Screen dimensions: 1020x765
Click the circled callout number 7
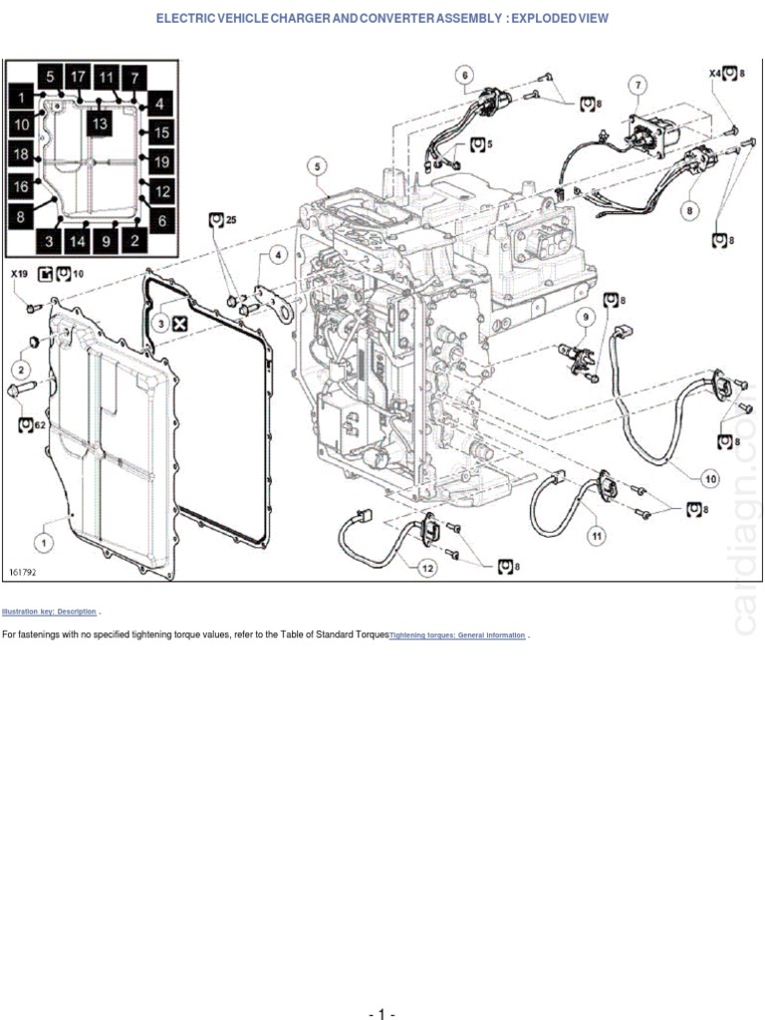point(637,87)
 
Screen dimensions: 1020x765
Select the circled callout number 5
point(317,166)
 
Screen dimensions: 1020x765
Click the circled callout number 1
point(43,542)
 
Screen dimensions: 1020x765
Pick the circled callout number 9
point(587,317)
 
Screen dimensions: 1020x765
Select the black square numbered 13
point(98,124)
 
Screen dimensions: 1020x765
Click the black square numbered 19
point(161,161)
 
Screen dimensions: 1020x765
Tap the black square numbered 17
point(79,77)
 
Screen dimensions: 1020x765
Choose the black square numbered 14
point(77,240)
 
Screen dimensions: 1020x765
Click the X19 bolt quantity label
point(20,274)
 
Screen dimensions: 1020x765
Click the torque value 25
point(231,219)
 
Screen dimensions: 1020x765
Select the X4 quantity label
point(714,72)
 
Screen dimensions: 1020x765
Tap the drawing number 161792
point(25,573)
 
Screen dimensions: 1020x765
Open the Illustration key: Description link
point(49,611)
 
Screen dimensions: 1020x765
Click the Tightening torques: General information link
point(457,635)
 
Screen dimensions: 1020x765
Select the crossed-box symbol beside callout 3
point(179,323)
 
